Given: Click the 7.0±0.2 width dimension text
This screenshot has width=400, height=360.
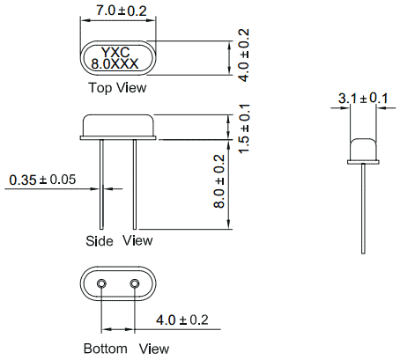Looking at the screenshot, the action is [121, 11].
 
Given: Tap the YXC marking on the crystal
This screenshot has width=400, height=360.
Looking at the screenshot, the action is [115, 53].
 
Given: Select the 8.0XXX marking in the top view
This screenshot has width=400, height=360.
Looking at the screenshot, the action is [115, 63].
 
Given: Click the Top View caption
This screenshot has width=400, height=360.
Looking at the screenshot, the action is [117, 87].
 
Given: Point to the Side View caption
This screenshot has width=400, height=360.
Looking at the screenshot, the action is [119, 240].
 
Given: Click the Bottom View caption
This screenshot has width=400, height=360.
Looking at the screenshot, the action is [126, 349].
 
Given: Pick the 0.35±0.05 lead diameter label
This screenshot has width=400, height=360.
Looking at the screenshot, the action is [42, 180].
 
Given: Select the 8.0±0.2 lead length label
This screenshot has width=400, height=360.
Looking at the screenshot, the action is [219, 181].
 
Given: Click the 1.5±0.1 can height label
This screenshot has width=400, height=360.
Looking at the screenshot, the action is [244, 129].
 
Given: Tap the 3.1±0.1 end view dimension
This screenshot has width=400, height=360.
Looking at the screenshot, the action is [363, 98].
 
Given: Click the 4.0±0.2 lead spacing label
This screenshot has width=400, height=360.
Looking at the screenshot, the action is [182, 320].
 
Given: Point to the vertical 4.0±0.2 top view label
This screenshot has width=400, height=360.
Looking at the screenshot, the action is [244, 55].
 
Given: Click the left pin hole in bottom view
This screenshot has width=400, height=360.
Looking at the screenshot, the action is [101, 283].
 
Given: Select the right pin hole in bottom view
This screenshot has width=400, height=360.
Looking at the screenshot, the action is [135, 283].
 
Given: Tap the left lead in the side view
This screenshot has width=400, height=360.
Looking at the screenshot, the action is [101, 184].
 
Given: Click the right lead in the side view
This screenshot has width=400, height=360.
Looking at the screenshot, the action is [135, 184].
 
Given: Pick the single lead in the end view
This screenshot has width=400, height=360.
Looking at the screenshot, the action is [363, 209].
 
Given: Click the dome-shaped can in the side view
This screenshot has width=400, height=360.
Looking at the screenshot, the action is [118, 125].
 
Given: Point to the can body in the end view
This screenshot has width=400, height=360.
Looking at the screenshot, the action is [363, 149].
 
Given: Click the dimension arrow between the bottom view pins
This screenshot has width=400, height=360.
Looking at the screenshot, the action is [118, 329].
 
